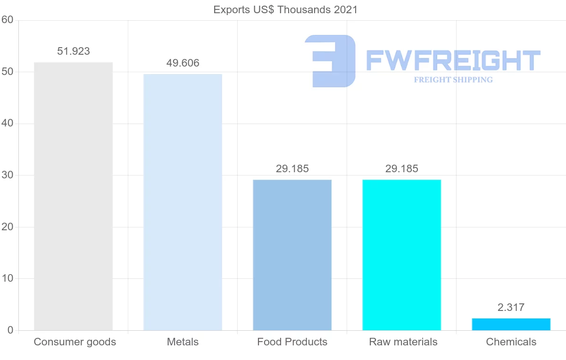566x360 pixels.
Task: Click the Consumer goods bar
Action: click(73, 196)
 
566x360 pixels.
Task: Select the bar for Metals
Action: click(183, 202)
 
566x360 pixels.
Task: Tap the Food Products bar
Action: click(292, 255)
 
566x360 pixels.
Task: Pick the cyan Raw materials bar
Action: click(401, 255)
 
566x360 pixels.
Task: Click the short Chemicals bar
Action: click(511, 325)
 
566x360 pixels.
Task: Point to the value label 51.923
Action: click(73, 51)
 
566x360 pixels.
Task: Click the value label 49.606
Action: click(183, 63)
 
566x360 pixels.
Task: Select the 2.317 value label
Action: click(511, 308)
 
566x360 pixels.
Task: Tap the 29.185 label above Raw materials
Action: click(401, 169)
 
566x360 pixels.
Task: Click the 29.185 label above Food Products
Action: click(292, 169)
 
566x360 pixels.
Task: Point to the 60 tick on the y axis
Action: click(7, 20)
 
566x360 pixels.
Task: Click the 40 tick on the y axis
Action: click(7, 124)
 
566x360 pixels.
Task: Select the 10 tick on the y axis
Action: click(7, 278)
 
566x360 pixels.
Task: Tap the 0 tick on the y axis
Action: click(10, 330)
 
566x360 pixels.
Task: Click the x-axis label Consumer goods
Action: click(75, 342)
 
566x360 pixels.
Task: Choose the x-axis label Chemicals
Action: click(511, 342)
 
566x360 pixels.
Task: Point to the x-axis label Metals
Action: click(183, 342)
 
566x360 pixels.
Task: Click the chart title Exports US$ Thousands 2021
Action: click(285, 9)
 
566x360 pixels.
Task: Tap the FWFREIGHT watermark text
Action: click(453, 60)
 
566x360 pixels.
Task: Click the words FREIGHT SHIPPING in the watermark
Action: click(453, 80)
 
